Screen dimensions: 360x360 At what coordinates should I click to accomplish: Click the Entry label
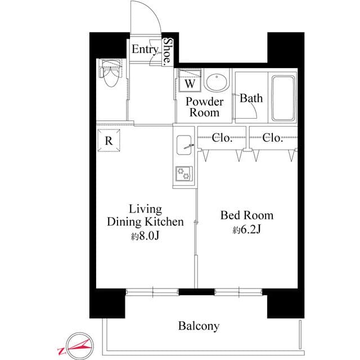pyautogui.click(x=145, y=49)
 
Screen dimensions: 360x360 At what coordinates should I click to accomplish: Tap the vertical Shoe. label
pyautogui.click(x=168, y=52)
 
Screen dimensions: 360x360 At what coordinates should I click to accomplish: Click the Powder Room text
pyautogui.click(x=205, y=107)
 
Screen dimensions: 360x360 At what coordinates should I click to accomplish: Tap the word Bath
pyautogui.click(x=251, y=98)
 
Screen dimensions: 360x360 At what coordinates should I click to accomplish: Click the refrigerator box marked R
pyautogui.click(x=108, y=140)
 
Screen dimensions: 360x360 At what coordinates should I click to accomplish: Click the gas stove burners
pyautogui.click(x=183, y=174)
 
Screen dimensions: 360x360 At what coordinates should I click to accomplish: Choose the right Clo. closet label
pyautogui.click(x=272, y=138)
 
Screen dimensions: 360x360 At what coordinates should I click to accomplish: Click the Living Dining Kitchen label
pyautogui.click(x=145, y=215)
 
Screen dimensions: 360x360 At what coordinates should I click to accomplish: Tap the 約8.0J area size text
pyautogui.click(x=145, y=236)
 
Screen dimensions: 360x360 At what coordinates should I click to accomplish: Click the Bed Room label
pyautogui.click(x=246, y=215)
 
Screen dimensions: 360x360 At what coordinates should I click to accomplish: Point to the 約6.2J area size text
pyautogui.click(x=246, y=230)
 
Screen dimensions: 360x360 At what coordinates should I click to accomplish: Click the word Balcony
pyautogui.click(x=199, y=326)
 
